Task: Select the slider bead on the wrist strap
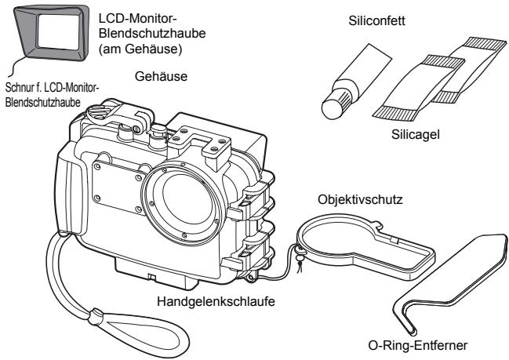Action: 95,317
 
